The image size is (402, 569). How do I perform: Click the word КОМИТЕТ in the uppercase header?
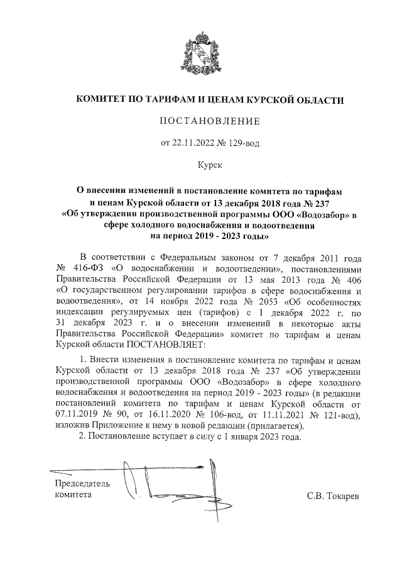pos(100,99)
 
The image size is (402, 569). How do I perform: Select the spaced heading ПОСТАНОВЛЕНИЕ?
pos(201,121)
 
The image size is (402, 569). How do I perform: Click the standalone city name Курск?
pos(202,165)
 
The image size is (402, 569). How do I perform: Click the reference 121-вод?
pos(336,416)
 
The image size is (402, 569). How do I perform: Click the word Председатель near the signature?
pos(82,484)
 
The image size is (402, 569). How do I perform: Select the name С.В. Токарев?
pos(333,496)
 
